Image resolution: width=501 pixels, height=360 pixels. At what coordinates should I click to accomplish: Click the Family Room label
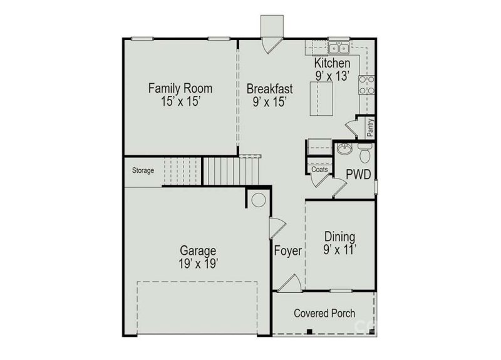(x=180, y=88)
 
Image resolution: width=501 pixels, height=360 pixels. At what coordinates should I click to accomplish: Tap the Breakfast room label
(x=269, y=88)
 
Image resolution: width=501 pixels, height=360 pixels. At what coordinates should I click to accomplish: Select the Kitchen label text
(x=332, y=63)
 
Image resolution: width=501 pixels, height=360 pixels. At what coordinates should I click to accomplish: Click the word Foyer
(x=288, y=252)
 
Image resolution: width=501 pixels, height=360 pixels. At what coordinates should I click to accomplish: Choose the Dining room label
(x=340, y=237)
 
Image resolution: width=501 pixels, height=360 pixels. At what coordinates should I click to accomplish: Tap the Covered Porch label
(x=324, y=313)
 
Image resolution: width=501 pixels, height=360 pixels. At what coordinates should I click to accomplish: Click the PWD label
(x=358, y=173)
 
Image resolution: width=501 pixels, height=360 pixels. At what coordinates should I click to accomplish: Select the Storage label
(x=143, y=170)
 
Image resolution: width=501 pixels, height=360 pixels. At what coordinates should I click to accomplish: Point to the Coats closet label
(x=318, y=170)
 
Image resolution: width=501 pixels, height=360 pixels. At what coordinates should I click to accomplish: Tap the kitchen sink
(x=339, y=48)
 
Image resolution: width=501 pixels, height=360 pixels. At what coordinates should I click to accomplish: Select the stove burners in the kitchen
(x=366, y=85)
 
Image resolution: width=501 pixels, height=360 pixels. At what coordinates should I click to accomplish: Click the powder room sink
(x=344, y=150)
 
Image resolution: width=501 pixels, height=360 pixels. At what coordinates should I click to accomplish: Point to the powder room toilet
(x=365, y=151)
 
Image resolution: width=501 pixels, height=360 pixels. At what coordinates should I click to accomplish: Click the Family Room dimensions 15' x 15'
(x=180, y=101)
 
